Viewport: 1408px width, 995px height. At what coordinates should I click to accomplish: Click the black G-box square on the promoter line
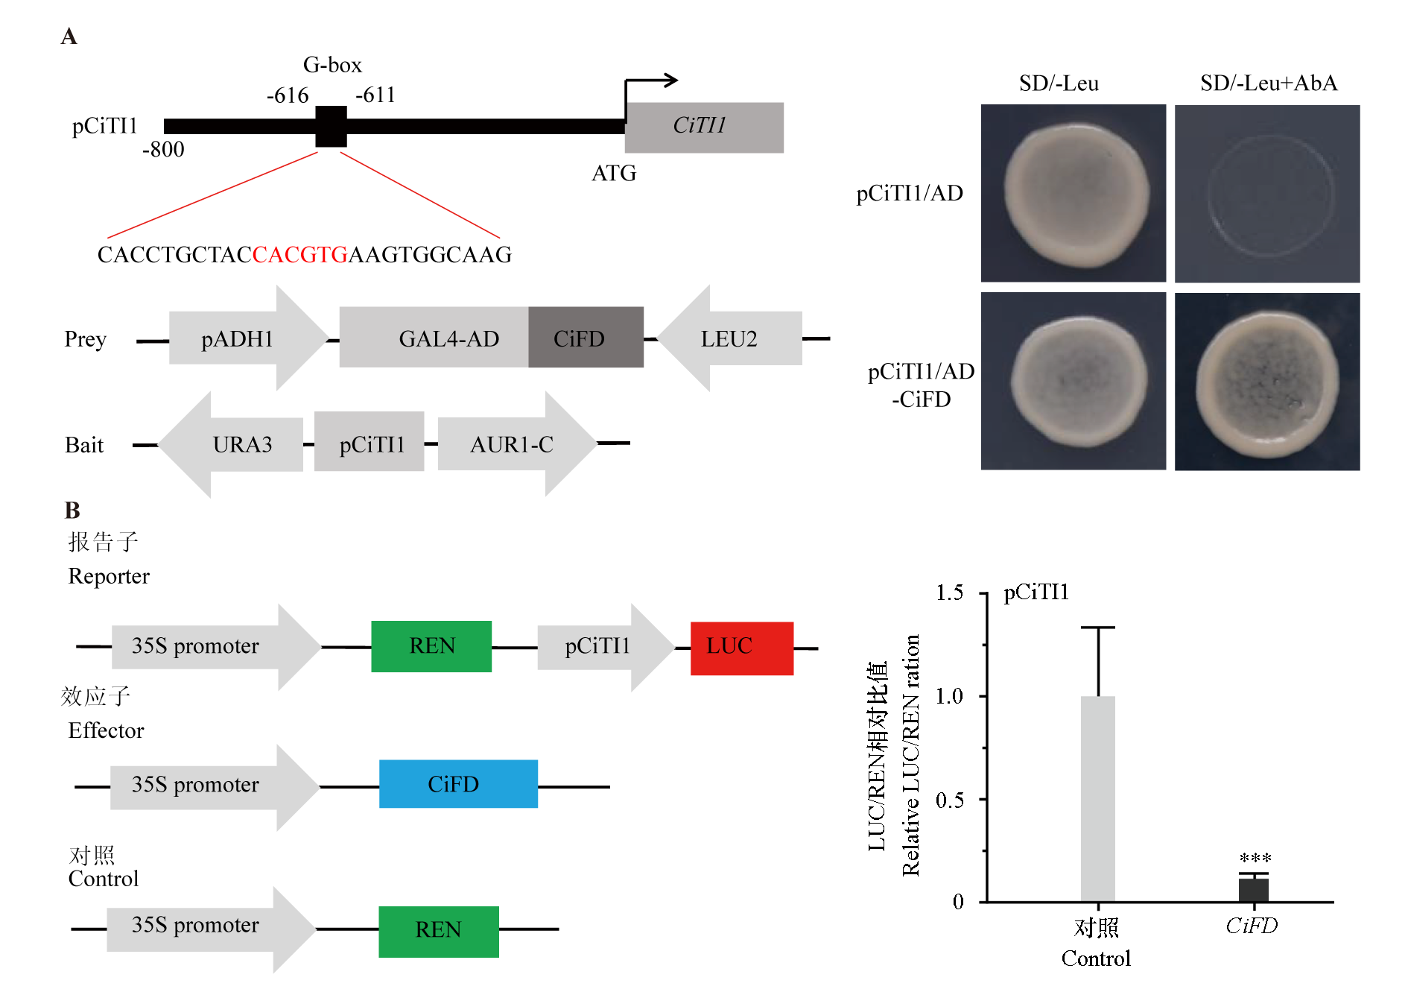pos(331,126)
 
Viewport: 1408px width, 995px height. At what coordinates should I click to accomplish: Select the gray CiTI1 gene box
pos(704,127)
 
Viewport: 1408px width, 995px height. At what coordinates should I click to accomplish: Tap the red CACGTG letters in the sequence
pos(300,255)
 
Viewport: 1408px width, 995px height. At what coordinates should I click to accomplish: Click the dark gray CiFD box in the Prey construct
pos(586,338)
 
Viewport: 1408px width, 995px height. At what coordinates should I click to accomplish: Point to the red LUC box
pos(741,648)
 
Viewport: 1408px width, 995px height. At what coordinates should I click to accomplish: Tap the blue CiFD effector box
pos(458,783)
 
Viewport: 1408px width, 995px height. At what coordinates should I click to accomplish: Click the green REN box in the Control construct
pos(438,931)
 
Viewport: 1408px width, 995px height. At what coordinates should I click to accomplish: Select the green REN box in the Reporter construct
pos(431,646)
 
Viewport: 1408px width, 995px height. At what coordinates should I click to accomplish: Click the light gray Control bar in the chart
pos(1097,798)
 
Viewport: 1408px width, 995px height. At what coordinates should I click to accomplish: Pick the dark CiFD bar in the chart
pos(1253,890)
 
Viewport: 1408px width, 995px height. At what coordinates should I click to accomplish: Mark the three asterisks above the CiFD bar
pos(1255,858)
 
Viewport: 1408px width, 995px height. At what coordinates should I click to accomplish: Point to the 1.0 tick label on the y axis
pos(949,696)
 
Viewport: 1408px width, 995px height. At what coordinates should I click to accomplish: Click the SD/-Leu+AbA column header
pos(1268,83)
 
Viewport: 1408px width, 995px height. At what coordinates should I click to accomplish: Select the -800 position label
pos(163,150)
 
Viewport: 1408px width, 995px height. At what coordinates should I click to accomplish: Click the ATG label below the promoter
pos(614,174)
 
